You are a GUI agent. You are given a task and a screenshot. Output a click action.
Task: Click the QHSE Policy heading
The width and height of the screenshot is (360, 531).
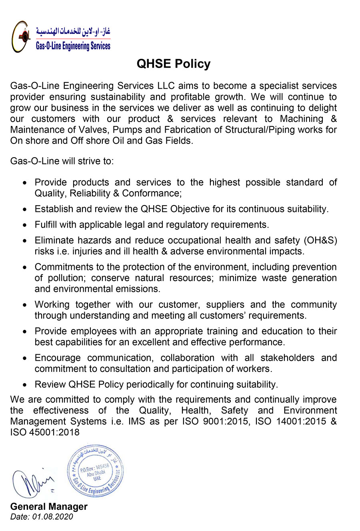point(173,64)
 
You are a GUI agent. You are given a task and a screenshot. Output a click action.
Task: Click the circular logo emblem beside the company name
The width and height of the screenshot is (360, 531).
point(21,37)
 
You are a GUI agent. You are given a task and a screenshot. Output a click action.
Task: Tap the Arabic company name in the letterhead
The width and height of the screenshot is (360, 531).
point(73,31)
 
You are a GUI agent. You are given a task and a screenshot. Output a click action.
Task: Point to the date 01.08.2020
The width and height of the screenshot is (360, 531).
point(53,517)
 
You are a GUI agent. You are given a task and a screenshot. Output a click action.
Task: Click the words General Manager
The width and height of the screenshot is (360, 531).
point(49,507)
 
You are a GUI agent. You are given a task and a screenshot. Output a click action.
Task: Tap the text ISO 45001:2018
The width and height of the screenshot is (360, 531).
point(45,432)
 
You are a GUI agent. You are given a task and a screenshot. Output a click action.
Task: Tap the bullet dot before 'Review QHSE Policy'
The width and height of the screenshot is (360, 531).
point(25,385)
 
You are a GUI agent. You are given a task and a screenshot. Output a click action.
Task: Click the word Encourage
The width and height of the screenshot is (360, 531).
point(58,358)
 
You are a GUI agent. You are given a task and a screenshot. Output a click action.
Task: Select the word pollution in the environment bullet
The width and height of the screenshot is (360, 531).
point(65,278)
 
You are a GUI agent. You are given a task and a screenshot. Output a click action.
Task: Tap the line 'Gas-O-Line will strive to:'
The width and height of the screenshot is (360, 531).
point(62,161)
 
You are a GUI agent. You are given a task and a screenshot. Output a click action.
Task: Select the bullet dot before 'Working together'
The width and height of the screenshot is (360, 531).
point(25,305)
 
